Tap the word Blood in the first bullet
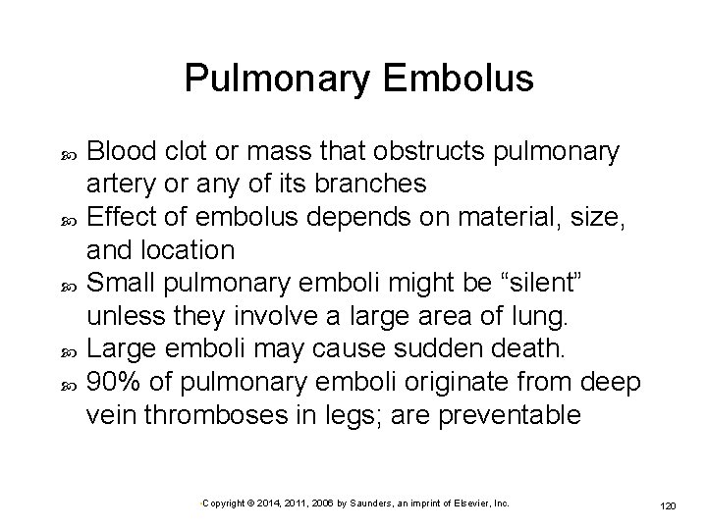(117, 152)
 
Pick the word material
(502, 216)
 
